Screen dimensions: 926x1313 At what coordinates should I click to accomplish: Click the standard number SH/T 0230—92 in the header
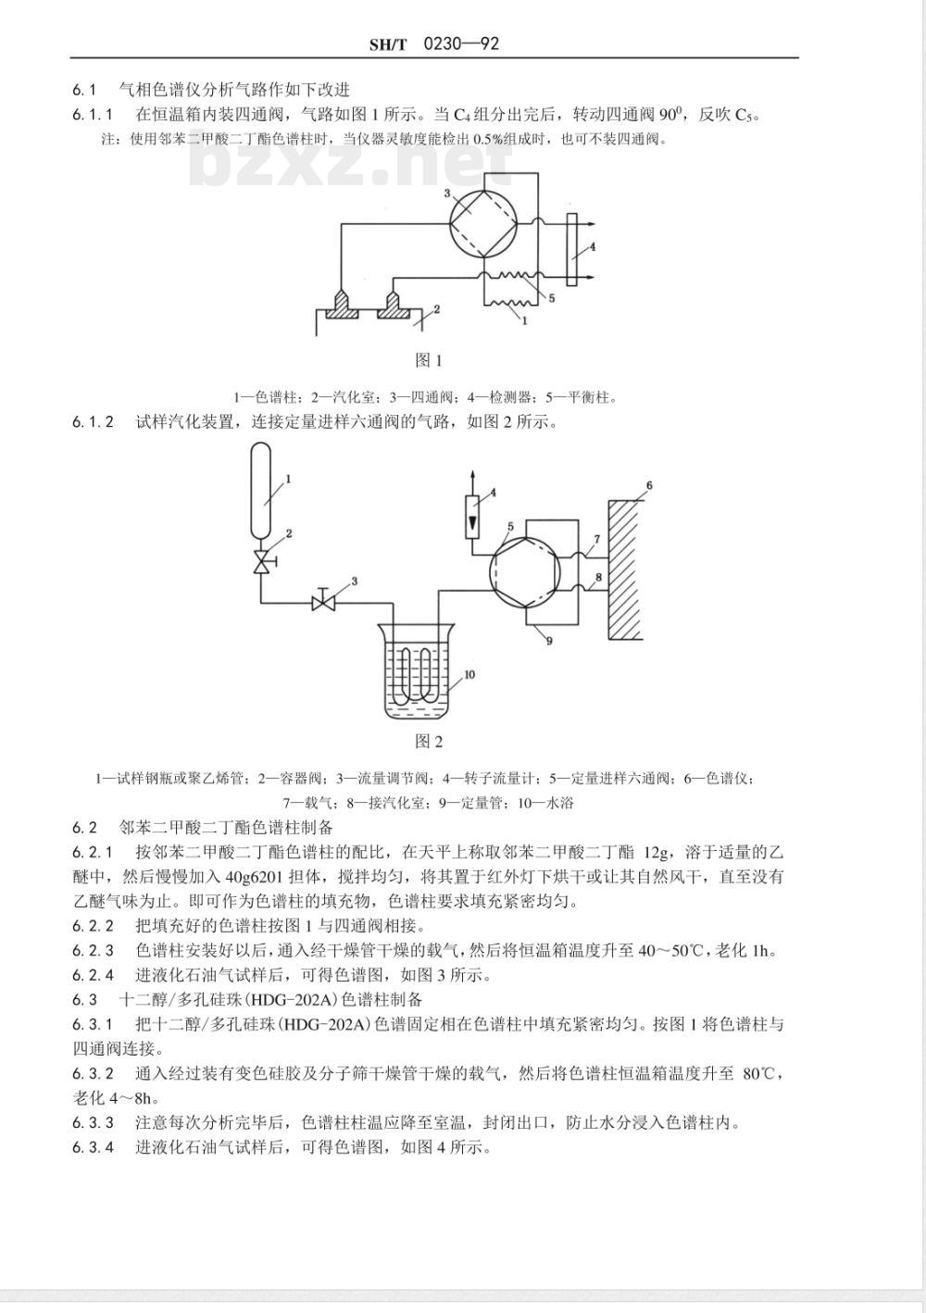(x=434, y=44)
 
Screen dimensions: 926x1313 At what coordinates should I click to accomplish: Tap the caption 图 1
(x=429, y=360)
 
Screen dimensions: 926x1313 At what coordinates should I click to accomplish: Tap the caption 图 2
(x=429, y=742)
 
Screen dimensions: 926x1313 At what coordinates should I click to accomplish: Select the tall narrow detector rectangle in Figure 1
(x=572, y=250)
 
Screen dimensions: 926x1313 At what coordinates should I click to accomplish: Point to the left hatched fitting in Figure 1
(x=342, y=305)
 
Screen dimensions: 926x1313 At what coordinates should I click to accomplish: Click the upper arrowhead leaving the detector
(x=592, y=224)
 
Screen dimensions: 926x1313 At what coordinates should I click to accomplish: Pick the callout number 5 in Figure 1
(x=552, y=298)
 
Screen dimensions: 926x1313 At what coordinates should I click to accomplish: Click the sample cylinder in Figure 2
(x=261, y=490)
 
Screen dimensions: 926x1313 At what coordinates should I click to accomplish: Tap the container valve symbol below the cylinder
(x=261, y=562)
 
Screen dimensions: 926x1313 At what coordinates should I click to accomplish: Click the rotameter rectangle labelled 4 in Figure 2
(x=472, y=517)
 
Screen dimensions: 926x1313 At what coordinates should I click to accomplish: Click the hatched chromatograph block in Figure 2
(x=625, y=569)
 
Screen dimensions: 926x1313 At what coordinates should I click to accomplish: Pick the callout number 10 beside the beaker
(x=469, y=675)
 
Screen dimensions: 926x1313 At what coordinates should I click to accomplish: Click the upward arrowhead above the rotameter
(x=472, y=475)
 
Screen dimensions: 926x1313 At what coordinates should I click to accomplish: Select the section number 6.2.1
(x=94, y=852)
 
